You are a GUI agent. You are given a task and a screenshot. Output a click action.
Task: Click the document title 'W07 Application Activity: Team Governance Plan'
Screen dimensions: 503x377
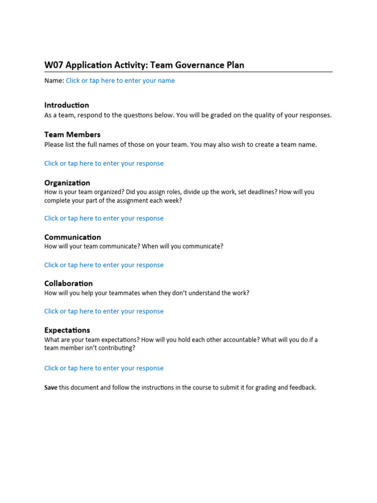pyautogui.click(x=144, y=65)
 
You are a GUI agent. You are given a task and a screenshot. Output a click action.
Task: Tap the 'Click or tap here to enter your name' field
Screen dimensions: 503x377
pyautogui.click(x=120, y=81)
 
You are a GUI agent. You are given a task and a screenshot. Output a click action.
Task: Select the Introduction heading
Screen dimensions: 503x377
pyautogui.click(x=67, y=105)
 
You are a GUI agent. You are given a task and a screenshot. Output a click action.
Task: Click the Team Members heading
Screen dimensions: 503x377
pyautogui.click(x=72, y=135)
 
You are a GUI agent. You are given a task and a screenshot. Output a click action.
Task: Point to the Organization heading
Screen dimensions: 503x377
pyautogui.click(x=67, y=183)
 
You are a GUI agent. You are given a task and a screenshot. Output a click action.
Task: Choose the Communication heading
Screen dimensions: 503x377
pyautogui.click(x=73, y=237)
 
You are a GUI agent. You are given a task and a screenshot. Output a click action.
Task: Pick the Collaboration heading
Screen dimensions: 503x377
pyautogui.click(x=68, y=283)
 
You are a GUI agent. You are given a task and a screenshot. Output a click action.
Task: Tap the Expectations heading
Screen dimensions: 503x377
pyautogui.click(x=67, y=330)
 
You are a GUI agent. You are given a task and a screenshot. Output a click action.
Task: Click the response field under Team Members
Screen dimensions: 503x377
pyautogui.click(x=104, y=164)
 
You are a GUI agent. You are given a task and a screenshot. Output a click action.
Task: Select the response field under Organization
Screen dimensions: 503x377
pyautogui.click(x=104, y=218)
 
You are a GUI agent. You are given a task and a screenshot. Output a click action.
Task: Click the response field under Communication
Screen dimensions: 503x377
pyautogui.click(x=104, y=265)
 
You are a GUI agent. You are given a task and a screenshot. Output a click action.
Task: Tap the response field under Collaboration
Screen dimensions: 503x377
pyautogui.click(x=104, y=311)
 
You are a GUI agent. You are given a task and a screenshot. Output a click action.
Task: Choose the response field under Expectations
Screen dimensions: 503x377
pyautogui.click(x=104, y=368)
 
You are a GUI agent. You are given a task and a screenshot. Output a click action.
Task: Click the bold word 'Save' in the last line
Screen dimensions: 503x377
pyautogui.click(x=51, y=388)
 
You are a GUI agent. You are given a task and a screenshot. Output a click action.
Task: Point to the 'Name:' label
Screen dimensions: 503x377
pyautogui.click(x=54, y=81)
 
